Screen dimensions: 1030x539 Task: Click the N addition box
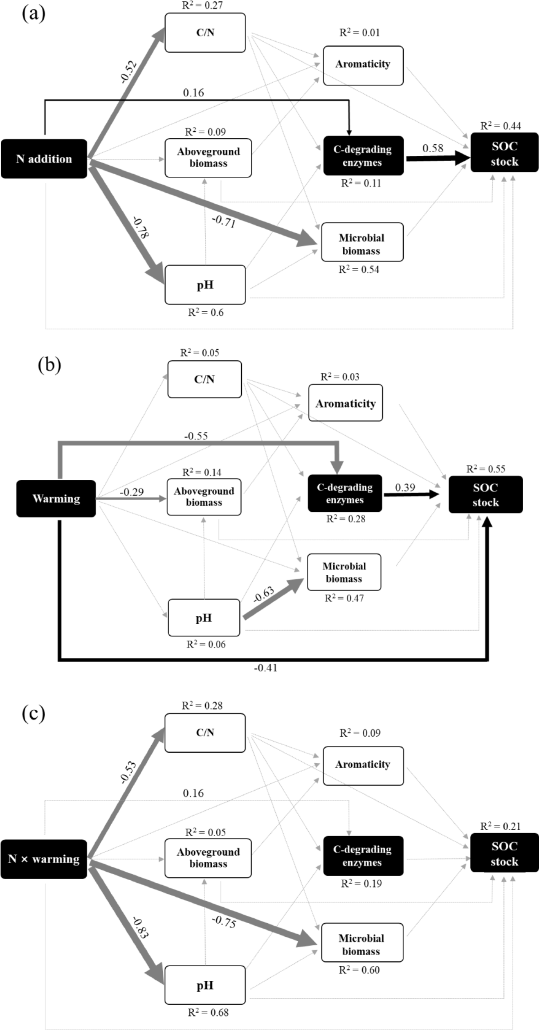(44, 159)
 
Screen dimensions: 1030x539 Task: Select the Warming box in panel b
(56, 498)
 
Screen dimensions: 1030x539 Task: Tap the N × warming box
(44, 859)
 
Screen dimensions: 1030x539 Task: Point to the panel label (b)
(49, 364)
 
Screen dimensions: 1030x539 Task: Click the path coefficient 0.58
(433, 148)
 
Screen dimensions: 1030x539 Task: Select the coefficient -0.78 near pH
(141, 227)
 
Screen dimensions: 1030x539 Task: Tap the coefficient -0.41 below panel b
(265, 668)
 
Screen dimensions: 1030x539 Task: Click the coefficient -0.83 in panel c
(141, 928)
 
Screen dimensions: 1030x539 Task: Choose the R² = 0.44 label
(501, 126)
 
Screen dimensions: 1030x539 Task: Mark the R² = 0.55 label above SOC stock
(485, 469)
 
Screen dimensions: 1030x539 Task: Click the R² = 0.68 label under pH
(208, 1012)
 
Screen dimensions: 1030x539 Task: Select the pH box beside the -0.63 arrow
(204, 618)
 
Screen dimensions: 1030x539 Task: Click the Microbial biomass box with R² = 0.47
(344, 572)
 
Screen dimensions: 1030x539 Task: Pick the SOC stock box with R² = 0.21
(504, 854)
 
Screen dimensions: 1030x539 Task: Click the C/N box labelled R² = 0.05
(204, 379)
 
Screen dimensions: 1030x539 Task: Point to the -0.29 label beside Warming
(132, 492)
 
